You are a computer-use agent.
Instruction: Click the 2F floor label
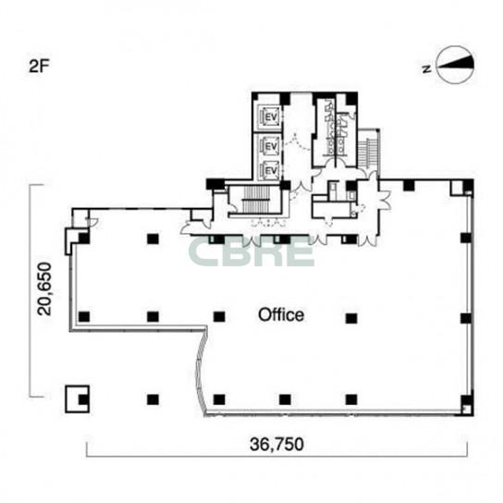pyautogui.click(x=39, y=67)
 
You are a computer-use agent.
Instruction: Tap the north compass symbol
pyautogui.click(x=456, y=65)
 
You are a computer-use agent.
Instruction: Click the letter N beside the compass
pyautogui.click(x=427, y=68)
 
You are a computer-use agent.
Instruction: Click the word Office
pyautogui.click(x=281, y=314)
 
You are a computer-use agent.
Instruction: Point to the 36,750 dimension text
pyautogui.click(x=276, y=445)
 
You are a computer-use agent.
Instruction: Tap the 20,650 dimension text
pyautogui.click(x=44, y=289)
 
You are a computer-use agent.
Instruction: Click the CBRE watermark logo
pyautogui.click(x=251, y=251)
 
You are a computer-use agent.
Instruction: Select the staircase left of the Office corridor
pyautogui.click(x=256, y=200)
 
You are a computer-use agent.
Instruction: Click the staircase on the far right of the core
pyautogui.click(x=369, y=149)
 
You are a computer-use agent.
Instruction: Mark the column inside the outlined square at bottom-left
pyautogui.click(x=84, y=399)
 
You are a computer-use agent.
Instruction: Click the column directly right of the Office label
pyautogui.click(x=351, y=318)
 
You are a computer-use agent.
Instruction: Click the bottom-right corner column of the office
pyautogui.click(x=467, y=400)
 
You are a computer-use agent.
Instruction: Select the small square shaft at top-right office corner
pyautogui.click(x=456, y=189)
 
